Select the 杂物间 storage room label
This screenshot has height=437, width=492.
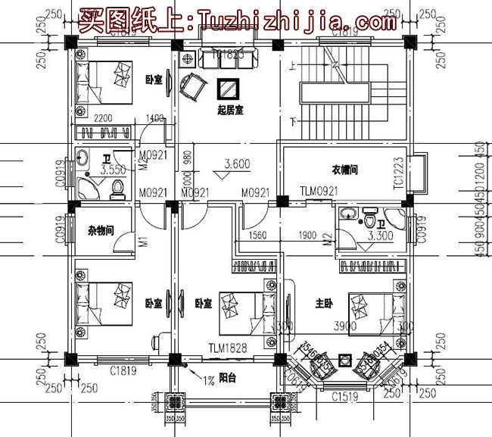99,230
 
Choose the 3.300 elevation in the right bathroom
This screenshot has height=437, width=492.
381,237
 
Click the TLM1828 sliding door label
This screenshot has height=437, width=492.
226,349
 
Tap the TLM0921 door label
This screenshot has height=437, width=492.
318,192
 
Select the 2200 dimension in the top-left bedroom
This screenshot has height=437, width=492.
104,119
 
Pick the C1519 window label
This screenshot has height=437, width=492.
345,394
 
